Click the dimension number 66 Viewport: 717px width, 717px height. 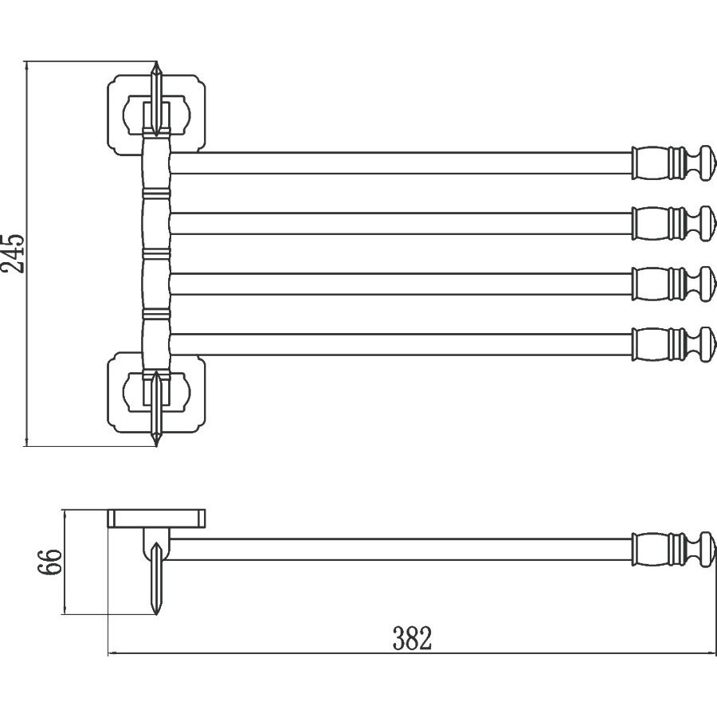(50, 563)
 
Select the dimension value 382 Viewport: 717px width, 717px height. (412, 638)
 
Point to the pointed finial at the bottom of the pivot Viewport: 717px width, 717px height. (157, 434)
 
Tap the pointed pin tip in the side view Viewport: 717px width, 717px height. (157, 609)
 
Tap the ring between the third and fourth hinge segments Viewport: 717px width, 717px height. (156, 313)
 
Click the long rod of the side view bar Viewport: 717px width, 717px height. (398, 550)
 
